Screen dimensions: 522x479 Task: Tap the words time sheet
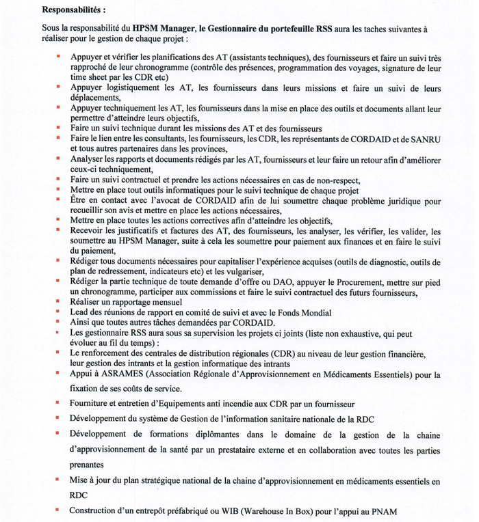(89, 79)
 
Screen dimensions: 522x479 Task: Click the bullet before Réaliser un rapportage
(59, 301)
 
